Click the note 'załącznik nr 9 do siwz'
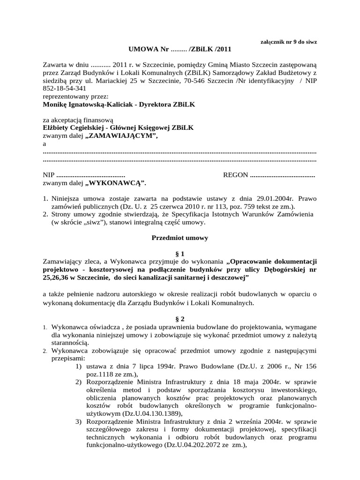point(288,42)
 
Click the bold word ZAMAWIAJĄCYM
point(120,135)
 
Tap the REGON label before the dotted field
point(236,175)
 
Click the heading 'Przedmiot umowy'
point(180,238)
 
